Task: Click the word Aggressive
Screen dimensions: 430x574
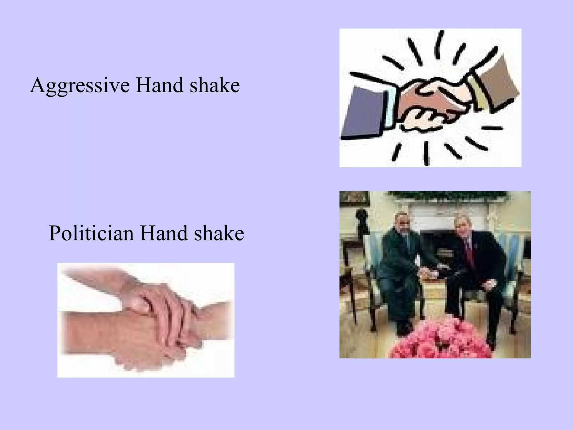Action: tap(80, 85)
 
